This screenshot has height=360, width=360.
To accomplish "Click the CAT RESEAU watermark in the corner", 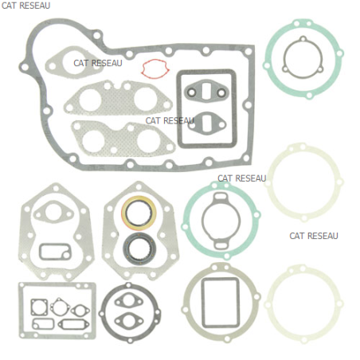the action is pyautogui.click(x=25, y=6).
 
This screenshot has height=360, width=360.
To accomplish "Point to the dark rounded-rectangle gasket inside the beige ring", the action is pyautogui.click(x=202, y=303).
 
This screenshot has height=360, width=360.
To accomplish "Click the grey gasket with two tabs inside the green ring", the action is pyautogui.click(x=203, y=221).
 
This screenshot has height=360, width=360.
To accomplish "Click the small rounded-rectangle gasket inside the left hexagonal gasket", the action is pyautogui.click(x=41, y=252).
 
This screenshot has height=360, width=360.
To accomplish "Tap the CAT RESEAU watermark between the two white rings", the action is pyautogui.click(x=314, y=236).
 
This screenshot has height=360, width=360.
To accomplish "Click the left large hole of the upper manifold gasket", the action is pyautogui.click(x=90, y=100).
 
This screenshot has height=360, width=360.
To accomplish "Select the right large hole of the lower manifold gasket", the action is pyautogui.click(x=148, y=141).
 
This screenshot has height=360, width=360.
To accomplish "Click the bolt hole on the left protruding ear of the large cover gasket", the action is pyautogui.click(x=25, y=67).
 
